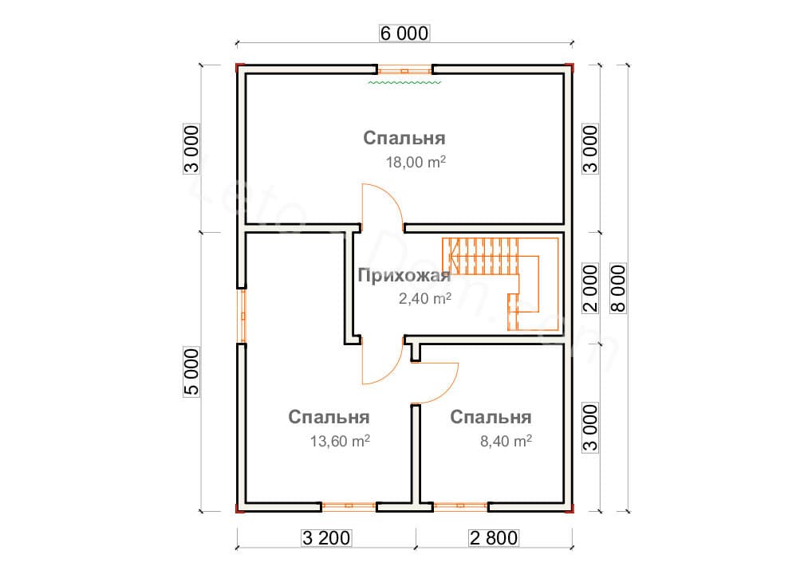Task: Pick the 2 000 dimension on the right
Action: point(590,288)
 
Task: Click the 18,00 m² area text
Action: point(414,163)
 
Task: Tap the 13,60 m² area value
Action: point(339,441)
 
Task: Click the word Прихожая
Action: point(404,277)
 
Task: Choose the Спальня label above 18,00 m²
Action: point(404,138)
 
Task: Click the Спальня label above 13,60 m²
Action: point(329,417)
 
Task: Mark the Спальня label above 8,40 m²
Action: point(491,417)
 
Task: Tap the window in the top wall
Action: point(404,69)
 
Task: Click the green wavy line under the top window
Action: point(404,81)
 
